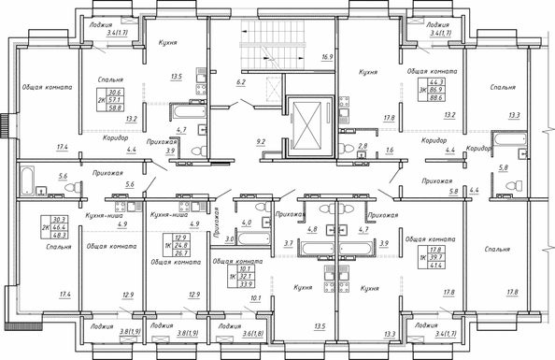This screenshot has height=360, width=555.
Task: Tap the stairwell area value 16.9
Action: click(326, 57)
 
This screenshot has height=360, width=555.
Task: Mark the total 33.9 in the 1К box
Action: click(246, 284)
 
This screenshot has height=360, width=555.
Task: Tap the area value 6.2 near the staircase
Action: click(241, 83)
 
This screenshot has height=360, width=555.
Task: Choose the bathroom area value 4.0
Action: click(246, 223)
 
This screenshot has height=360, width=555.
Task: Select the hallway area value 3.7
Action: click(289, 243)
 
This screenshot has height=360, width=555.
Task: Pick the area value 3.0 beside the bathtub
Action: click(228, 239)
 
